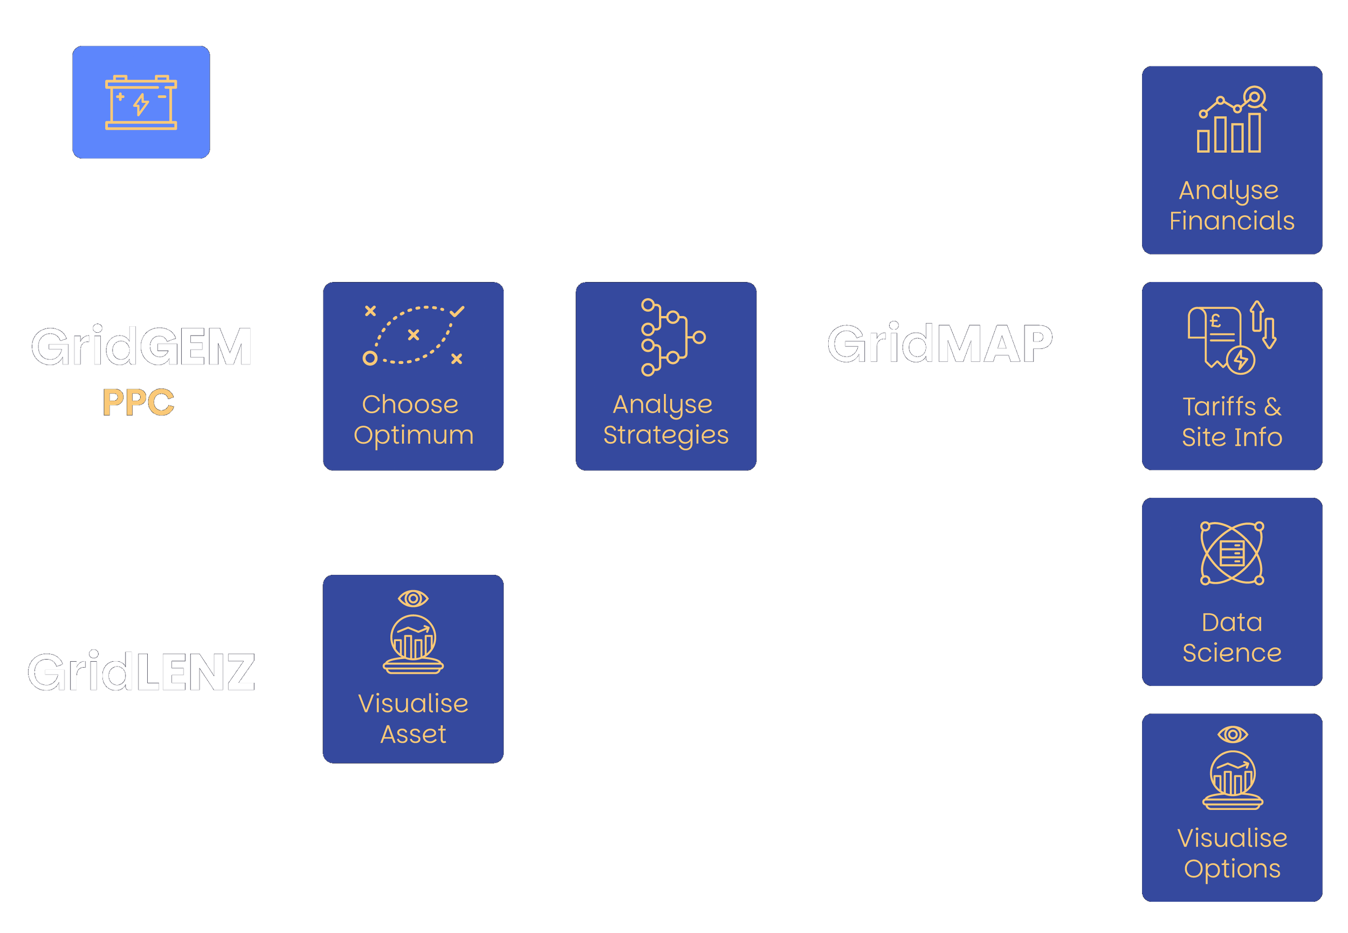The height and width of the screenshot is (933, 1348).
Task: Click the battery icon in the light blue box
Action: click(x=141, y=102)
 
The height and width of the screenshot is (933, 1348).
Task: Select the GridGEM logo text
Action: click(x=141, y=347)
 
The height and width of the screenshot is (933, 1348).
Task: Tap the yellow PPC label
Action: click(x=139, y=402)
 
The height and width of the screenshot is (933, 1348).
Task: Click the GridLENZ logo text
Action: click(x=141, y=673)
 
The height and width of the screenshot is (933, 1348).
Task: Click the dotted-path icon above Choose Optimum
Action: click(x=413, y=335)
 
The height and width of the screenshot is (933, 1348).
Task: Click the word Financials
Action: click(x=1232, y=221)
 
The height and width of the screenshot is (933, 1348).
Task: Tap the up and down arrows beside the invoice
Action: click(x=1263, y=325)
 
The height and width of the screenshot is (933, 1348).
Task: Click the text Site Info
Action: click(x=1232, y=437)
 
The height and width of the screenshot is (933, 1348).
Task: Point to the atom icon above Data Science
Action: click(x=1232, y=553)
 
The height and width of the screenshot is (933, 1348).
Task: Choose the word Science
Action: click(x=1232, y=653)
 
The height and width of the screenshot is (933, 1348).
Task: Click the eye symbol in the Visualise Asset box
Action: click(x=413, y=599)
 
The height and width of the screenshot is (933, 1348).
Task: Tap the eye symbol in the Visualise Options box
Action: click(x=1232, y=734)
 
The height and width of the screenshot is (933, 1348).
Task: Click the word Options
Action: click(x=1232, y=869)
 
